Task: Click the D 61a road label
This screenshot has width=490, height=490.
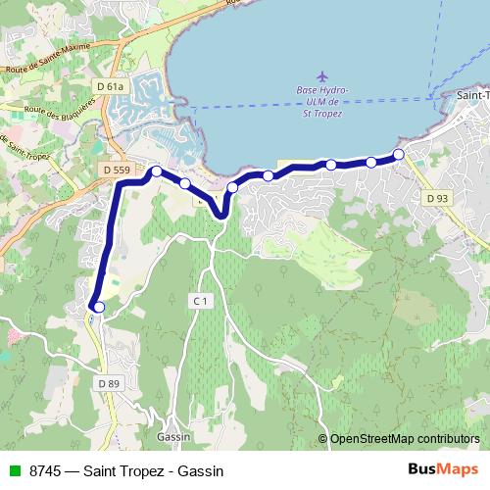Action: [112, 87]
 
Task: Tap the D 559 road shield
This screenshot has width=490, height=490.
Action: [116, 171]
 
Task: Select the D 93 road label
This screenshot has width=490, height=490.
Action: [437, 198]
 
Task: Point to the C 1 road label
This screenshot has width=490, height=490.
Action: [201, 300]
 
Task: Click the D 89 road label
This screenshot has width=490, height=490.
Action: [108, 383]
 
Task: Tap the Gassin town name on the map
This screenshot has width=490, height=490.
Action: [171, 437]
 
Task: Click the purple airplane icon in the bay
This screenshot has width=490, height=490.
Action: [324, 75]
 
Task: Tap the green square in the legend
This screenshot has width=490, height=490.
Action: [12, 470]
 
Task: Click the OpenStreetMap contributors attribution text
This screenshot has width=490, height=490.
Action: [405, 438]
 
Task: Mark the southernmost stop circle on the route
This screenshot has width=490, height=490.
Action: [98, 307]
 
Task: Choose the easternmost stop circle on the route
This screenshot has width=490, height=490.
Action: [398, 154]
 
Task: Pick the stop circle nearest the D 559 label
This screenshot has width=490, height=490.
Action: [156, 171]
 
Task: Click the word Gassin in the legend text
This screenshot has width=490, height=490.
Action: [203, 470]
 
